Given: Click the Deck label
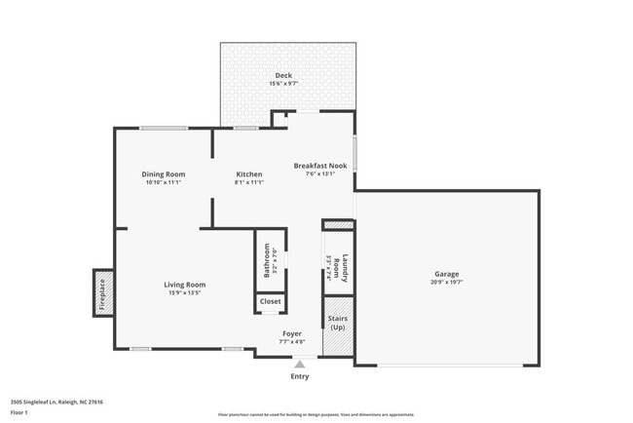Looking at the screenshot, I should click(283, 76).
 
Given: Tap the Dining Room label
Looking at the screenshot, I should click(165, 174).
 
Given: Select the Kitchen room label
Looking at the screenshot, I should click(249, 174).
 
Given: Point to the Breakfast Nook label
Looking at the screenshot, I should click(320, 166).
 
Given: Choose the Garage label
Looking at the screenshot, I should click(447, 274).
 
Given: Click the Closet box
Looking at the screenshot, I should click(270, 302).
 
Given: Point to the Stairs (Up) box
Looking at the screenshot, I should click(337, 322).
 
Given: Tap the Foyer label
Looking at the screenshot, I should click(292, 334).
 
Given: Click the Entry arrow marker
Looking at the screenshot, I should click(300, 364).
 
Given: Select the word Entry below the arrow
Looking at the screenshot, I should click(300, 376).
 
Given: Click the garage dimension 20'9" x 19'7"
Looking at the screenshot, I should click(447, 282).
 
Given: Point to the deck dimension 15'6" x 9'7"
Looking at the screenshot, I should click(283, 84).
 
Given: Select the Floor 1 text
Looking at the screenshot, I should click(19, 413).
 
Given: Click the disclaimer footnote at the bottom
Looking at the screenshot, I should click(316, 413).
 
